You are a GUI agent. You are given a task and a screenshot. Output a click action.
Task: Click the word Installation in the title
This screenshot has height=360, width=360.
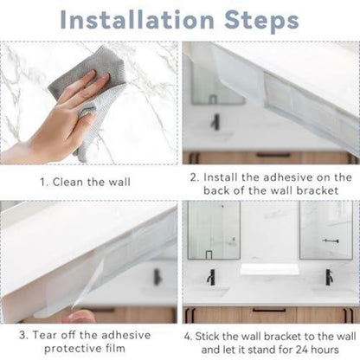[138, 20]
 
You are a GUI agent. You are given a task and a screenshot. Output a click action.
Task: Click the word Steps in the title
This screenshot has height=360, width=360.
[262, 21]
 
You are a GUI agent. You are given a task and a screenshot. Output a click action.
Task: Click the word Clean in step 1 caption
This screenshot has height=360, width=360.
[68, 183]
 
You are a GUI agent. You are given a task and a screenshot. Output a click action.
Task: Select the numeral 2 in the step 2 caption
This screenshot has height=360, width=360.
[194, 177]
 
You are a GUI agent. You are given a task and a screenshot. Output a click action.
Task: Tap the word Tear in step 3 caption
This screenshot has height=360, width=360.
[44, 335]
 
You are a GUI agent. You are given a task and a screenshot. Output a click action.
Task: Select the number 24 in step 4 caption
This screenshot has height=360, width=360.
[302, 350]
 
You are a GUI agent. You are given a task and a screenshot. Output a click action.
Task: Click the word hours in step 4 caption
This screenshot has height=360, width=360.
[325, 350]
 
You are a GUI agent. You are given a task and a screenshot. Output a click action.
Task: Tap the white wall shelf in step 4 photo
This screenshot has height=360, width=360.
[269, 269]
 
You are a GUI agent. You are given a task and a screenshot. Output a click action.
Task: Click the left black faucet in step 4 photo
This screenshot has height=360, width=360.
[211, 277]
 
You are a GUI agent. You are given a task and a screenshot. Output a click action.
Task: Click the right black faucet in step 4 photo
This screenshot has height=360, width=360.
[329, 277]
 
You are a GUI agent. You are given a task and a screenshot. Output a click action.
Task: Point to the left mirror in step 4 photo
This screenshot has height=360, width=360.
[214, 230]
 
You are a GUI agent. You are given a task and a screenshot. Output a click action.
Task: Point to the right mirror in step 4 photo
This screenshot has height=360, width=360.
[326, 230]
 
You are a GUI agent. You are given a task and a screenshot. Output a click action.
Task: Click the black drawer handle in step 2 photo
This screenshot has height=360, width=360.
[273, 155]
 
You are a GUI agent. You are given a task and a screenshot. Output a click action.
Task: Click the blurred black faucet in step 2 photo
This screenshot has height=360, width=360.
[215, 122]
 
